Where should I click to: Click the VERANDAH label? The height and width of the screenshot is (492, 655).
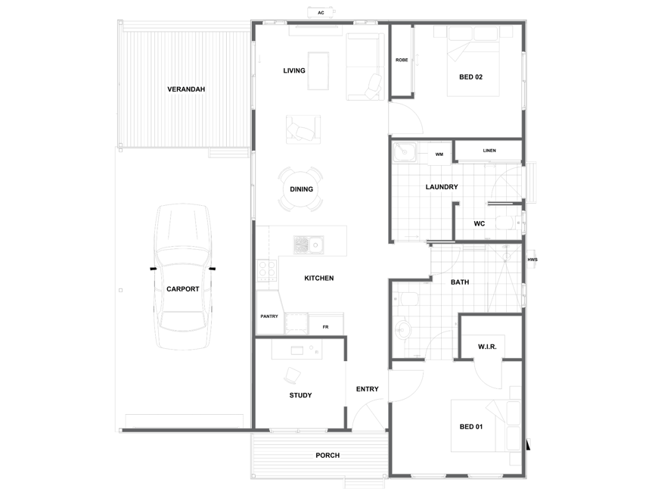click(186, 89)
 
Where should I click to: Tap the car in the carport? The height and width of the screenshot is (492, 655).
click(182, 277)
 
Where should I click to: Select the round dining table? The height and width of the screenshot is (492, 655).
click(301, 189)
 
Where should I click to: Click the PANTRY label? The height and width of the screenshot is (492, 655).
click(269, 316)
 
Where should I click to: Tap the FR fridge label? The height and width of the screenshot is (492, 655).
click(325, 327)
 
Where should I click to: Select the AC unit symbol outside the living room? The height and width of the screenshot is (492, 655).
click(321, 13)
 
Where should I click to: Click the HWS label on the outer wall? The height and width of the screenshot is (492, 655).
click(532, 260)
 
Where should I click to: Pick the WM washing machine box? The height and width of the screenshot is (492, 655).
click(439, 154)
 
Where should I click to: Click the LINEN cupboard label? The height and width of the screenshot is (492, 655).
click(489, 151)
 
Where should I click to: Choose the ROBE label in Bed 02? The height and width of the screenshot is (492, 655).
click(402, 61)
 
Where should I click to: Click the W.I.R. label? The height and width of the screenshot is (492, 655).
click(487, 347)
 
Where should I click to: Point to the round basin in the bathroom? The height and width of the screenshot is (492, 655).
click(402, 330)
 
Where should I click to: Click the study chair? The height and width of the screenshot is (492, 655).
click(292, 375)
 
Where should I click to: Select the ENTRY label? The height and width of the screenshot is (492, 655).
click(367, 389)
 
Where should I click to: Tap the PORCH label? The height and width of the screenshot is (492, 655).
click(327, 455)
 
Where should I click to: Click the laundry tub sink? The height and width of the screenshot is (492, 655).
click(405, 152)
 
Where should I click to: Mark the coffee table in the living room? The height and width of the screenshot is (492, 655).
click(318, 70)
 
